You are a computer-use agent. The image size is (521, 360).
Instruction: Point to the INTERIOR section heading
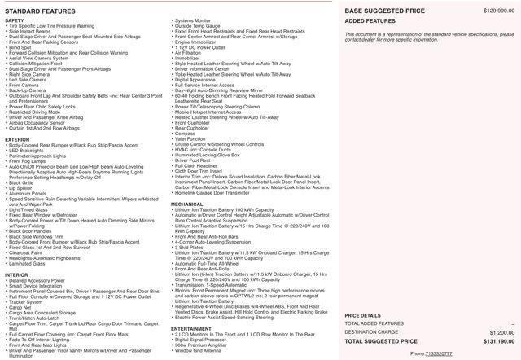16,274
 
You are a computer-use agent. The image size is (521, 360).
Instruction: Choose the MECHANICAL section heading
186,204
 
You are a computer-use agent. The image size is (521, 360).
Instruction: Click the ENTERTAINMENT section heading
191,328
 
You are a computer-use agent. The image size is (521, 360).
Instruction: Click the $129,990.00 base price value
500,10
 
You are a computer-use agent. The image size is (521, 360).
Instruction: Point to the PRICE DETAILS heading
362,314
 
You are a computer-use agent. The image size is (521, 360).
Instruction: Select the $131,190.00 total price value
497,342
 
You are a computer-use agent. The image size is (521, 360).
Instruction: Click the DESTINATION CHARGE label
373,332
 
